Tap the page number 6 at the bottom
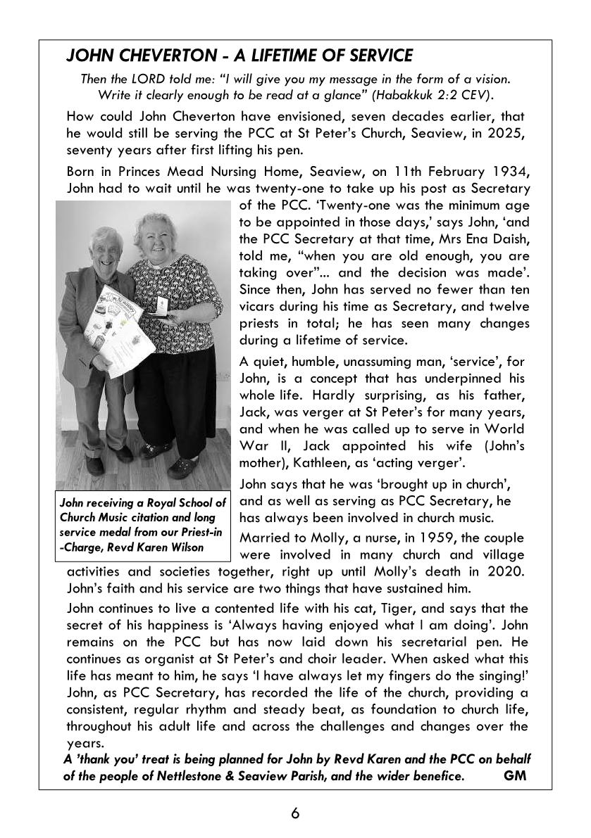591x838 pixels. coord(295,813)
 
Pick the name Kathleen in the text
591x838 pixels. coord(311,463)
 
